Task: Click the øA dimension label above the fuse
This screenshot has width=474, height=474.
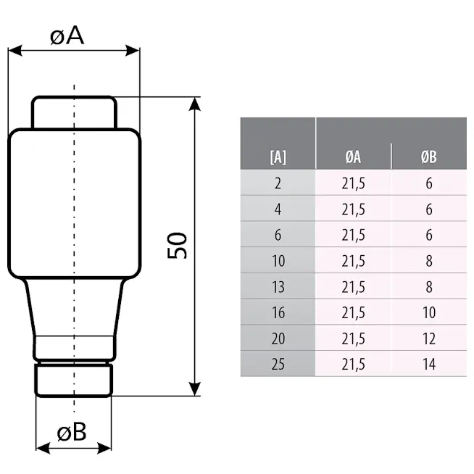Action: coord(67,36)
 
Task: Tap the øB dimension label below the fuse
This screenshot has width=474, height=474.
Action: coord(72,431)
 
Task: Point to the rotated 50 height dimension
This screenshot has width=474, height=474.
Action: coord(177,246)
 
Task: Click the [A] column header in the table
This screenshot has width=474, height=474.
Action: coord(278,157)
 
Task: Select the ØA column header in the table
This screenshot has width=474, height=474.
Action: coord(353,157)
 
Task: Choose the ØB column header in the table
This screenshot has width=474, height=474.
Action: coord(428,157)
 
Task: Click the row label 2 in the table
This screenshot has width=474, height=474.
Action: coord(278,183)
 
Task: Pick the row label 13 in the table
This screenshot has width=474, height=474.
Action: coord(278,286)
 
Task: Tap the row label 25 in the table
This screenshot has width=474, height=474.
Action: coord(278,364)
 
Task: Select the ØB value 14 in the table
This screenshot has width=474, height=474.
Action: coord(429,364)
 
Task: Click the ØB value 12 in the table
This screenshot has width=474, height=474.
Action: coord(429,338)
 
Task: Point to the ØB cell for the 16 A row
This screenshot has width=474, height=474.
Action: coord(429,312)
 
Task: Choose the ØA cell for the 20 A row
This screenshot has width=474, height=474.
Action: coord(353,338)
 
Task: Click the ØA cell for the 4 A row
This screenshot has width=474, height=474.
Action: coord(353,209)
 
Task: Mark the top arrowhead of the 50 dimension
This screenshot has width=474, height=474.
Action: coord(195,104)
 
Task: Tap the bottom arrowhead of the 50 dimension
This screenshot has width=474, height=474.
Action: coord(195,388)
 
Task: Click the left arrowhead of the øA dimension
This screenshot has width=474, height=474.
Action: coord(15,51)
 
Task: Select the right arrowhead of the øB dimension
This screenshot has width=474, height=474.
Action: coord(104,448)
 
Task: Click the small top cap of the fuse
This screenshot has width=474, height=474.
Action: coord(74,112)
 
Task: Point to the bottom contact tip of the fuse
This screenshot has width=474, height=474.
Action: coord(74,381)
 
